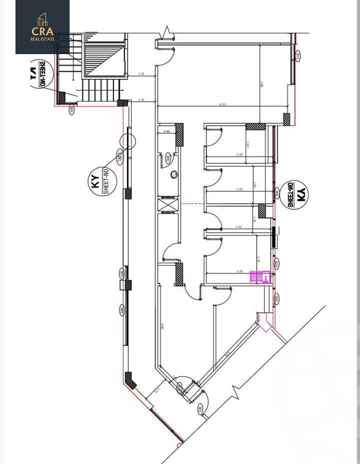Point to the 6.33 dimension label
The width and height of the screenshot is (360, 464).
[223, 105]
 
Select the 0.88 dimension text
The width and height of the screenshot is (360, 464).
[166, 131]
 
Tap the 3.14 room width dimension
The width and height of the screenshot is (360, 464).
[238, 227]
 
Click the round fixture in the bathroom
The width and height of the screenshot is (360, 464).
[174, 175]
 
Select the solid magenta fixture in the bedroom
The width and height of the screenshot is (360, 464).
[259, 277]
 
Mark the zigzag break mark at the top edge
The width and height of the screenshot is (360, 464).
[168, 33]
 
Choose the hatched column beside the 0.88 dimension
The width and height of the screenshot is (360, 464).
[179, 135]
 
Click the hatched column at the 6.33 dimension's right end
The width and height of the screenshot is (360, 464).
[286, 119]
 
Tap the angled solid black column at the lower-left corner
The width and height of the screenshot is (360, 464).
[130, 380]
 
